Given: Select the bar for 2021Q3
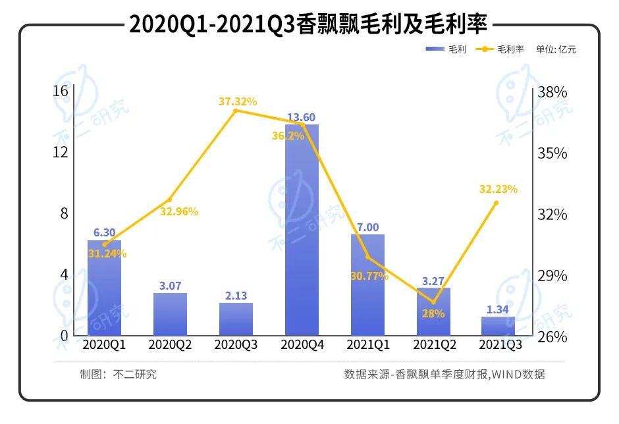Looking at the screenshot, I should point(498,326).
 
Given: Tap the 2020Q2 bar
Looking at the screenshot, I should point(170,314).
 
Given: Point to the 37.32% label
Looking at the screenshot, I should point(238,101).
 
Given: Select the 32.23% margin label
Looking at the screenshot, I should point(498,189).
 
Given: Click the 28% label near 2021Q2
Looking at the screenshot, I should point(432,313).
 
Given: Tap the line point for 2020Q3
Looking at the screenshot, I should point(236,111).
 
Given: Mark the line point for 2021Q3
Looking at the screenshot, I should point(496,203).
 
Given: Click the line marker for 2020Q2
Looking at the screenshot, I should point(169,199).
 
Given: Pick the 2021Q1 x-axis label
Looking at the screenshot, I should point(367,344).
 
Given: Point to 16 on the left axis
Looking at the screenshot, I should point(61,91).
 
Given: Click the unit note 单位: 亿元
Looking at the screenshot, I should point(556,49).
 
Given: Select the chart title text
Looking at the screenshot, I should point(308,24).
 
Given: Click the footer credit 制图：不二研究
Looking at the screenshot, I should point(119,375).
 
